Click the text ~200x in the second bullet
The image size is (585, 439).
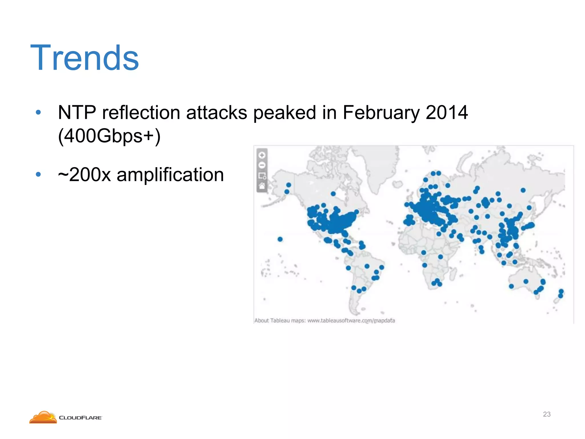pyautogui.click(x=84, y=175)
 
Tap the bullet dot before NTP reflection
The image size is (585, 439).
pyautogui.click(x=38, y=112)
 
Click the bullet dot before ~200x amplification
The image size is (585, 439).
pyautogui.click(x=38, y=174)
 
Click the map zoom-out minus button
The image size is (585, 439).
pyautogui.click(x=262, y=165)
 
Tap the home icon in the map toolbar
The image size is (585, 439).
pyautogui.click(x=262, y=186)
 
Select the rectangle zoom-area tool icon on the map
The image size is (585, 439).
pyautogui.click(x=262, y=175)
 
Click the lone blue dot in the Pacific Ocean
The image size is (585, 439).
pyautogui.click(x=280, y=239)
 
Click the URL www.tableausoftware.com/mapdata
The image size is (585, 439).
pyautogui.click(x=351, y=321)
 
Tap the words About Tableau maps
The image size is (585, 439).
pyautogui.click(x=280, y=321)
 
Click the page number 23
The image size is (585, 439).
pyautogui.click(x=546, y=414)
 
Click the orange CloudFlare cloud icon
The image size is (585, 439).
pyautogui.click(x=43, y=418)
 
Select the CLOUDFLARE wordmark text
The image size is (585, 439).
pyautogui.click(x=80, y=418)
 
